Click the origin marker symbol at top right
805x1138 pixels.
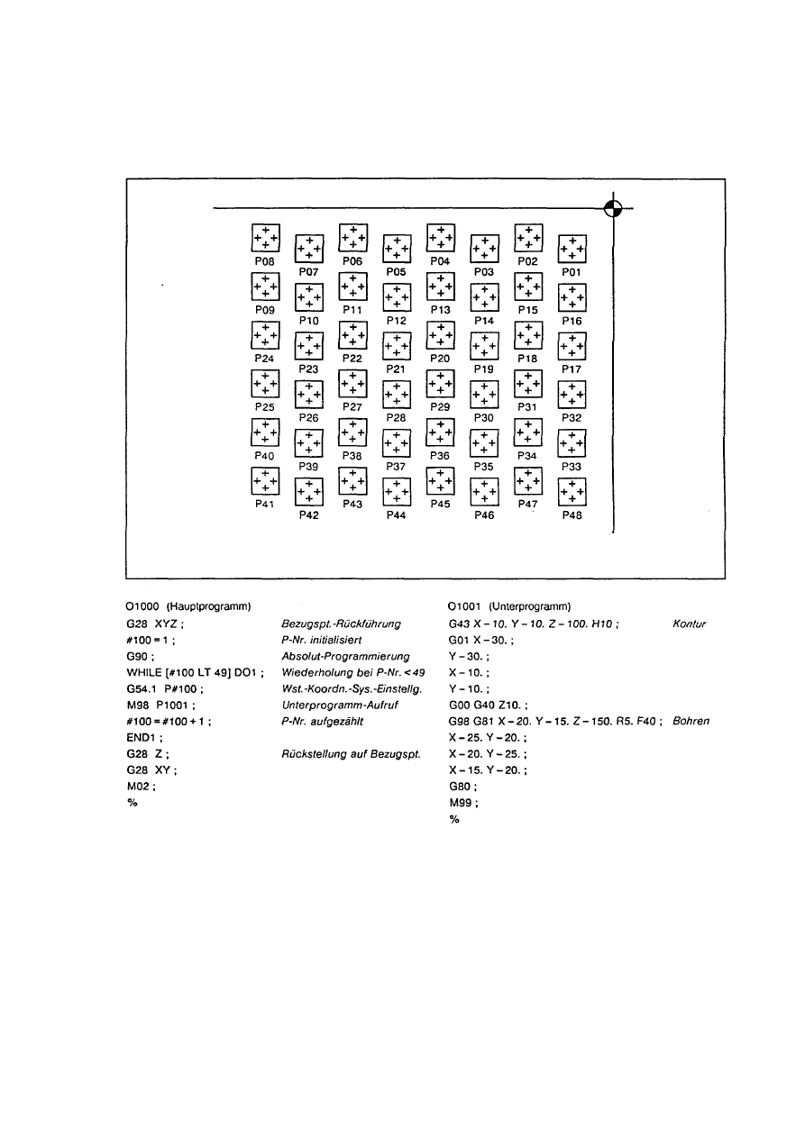tap(612, 208)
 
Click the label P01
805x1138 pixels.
tap(572, 271)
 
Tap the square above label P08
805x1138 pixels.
tap(265, 237)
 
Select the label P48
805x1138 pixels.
tap(572, 516)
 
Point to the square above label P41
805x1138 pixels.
tap(265, 482)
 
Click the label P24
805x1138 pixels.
tap(265, 358)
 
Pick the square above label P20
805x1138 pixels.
tap(440, 335)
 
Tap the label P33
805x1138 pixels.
tap(572, 467)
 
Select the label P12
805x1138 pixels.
tap(397, 321)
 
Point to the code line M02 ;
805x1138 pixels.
tap(142, 786)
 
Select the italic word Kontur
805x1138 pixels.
tap(689, 623)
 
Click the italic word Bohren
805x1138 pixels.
tap(691, 721)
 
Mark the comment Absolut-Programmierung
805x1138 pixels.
tap(345, 655)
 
